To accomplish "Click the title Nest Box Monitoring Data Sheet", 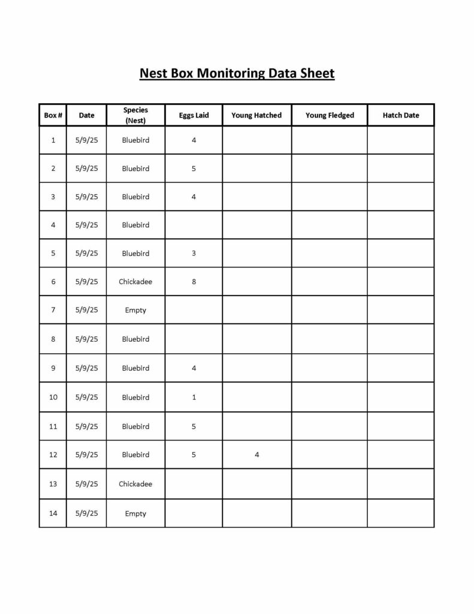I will pyautogui.click(x=237, y=74).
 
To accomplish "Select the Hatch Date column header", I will pyautogui.click(x=401, y=115).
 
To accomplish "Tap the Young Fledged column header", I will pyautogui.click(x=330, y=115).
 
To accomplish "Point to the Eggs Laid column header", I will pyautogui.click(x=194, y=115).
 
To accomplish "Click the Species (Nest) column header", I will pyautogui.click(x=135, y=115).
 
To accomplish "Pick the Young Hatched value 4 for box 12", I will pyautogui.click(x=256, y=455).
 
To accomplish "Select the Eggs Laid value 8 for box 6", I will pyautogui.click(x=194, y=281).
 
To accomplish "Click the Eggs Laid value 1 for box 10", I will pyautogui.click(x=194, y=397).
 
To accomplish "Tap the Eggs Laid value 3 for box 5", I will pyautogui.click(x=194, y=253).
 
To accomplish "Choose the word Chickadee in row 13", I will pyautogui.click(x=135, y=484).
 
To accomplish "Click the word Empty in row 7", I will pyautogui.click(x=135, y=310).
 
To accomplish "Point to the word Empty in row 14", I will pyautogui.click(x=135, y=513).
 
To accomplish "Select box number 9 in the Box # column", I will pyautogui.click(x=53, y=368).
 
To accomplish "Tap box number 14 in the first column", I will pyautogui.click(x=53, y=513).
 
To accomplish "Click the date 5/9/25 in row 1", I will pyautogui.click(x=87, y=140).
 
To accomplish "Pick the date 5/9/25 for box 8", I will pyautogui.click(x=87, y=339).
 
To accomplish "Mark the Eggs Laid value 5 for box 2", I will pyautogui.click(x=194, y=168).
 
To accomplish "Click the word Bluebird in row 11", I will pyautogui.click(x=135, y=426).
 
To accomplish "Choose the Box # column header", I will pyautogui.click(x=53, y=115).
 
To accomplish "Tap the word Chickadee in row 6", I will pyautogui.click(x=135, y=281).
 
